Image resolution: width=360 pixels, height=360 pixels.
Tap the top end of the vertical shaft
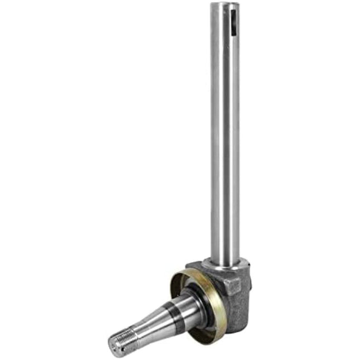pos(225,6)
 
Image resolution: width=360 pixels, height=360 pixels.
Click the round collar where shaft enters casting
pos(225,262)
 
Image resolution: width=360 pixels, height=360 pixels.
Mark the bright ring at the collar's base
pos(225,267)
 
